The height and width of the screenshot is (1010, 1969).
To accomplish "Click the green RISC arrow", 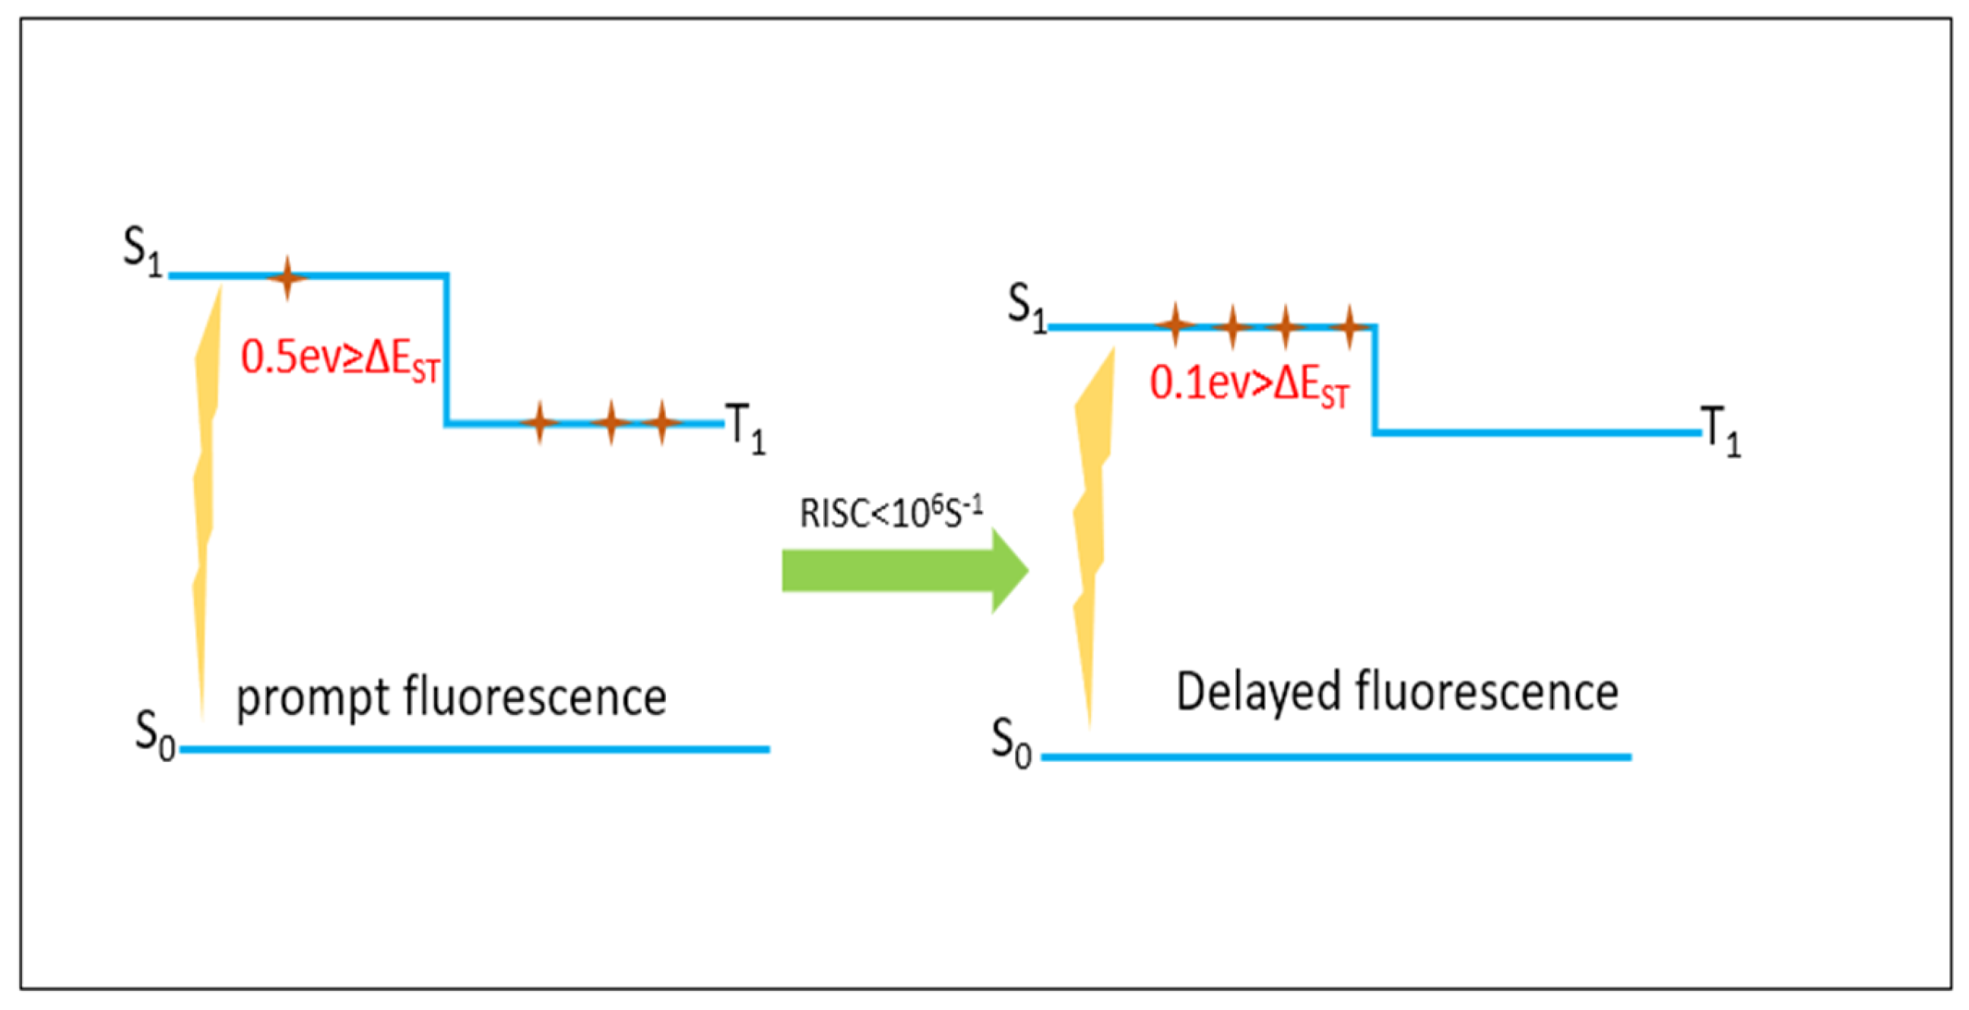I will click(902, 570).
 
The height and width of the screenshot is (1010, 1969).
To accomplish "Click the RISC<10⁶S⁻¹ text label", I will click(890, 513).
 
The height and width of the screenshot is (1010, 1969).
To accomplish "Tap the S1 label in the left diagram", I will click(144, 252).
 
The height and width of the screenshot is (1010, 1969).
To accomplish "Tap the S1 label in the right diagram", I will click(1027, 307).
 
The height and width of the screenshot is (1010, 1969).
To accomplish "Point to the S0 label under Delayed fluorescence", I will click(1011, 743).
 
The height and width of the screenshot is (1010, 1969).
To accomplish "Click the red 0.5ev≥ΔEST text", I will click(340, 358).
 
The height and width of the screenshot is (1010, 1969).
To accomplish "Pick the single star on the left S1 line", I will click(287, 278).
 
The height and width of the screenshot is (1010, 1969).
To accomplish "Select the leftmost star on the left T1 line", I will click(540, 422).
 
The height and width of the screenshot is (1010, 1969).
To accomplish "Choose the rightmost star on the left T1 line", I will click(662, 422).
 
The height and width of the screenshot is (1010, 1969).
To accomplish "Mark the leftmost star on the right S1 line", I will click(1175, 326).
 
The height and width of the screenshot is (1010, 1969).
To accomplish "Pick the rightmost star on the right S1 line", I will click(1349, 326).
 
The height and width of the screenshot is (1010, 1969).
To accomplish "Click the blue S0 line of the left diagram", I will click(474, 750).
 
